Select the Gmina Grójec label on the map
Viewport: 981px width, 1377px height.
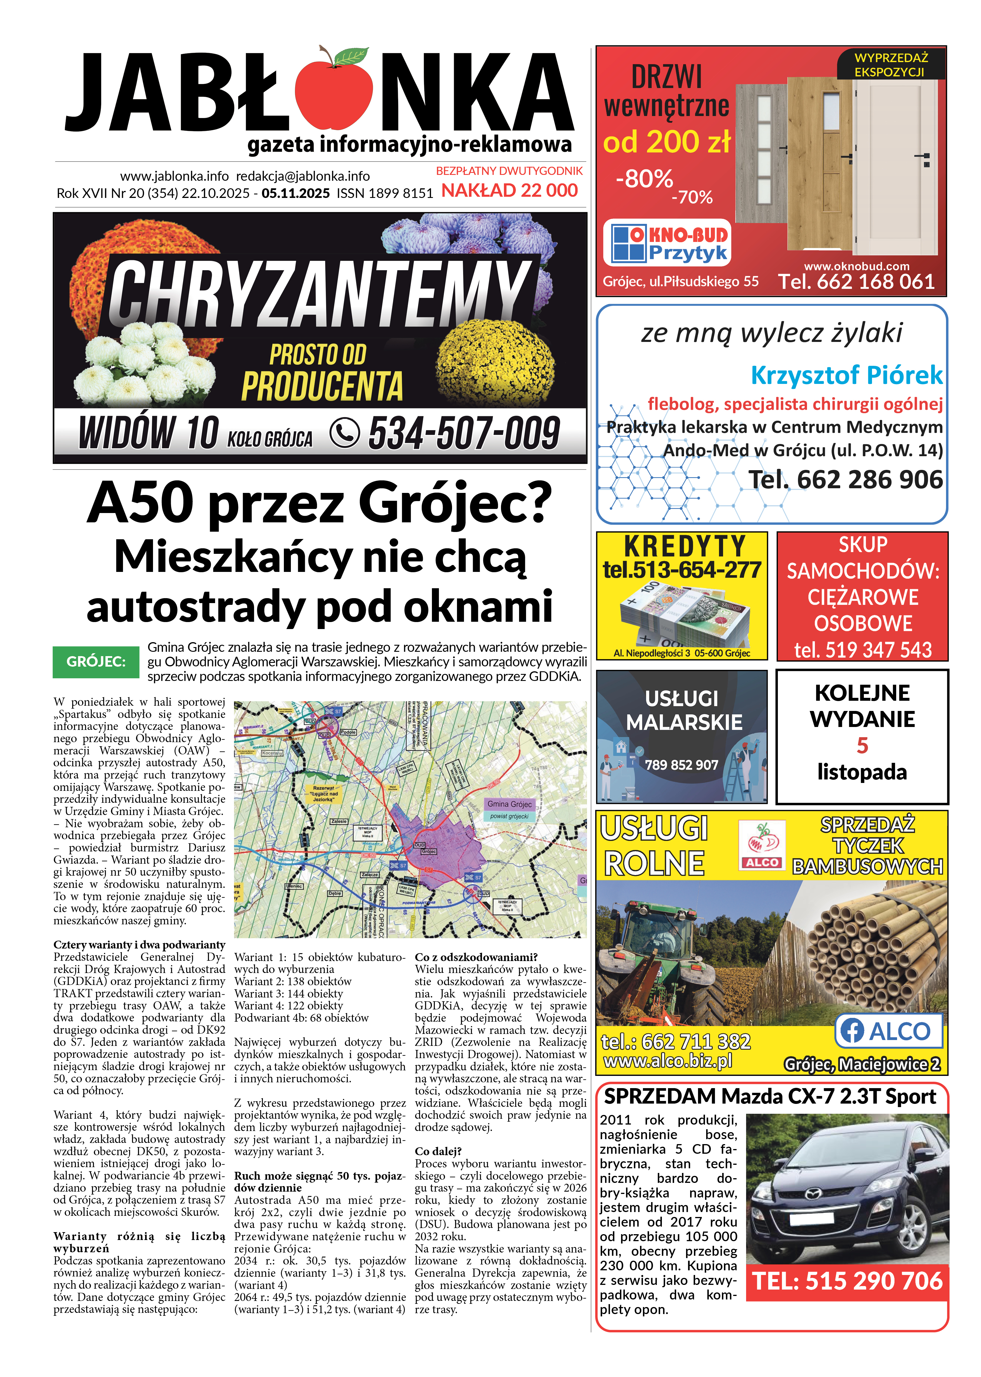click(x=509, y=804)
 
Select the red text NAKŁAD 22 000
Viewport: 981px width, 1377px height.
click(x=509, y=190)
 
